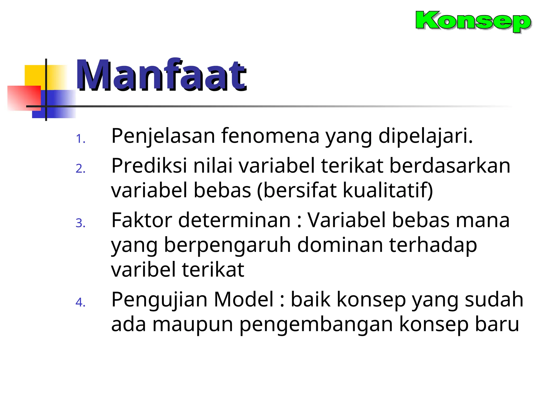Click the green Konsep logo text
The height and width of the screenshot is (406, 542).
[473, 21]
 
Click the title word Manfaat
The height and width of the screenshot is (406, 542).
[161, 75]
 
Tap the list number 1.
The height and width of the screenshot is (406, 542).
[80, 139]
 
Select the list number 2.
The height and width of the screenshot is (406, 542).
[80, 169]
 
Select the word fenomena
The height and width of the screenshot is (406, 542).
[270, 136]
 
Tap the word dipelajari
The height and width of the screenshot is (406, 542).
[425, 136]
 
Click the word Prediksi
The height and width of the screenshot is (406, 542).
[148, 166]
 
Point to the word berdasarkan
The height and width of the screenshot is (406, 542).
[450, 166]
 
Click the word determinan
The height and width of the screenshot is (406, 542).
[234, 220]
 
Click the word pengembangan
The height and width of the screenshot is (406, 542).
[316, 324]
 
